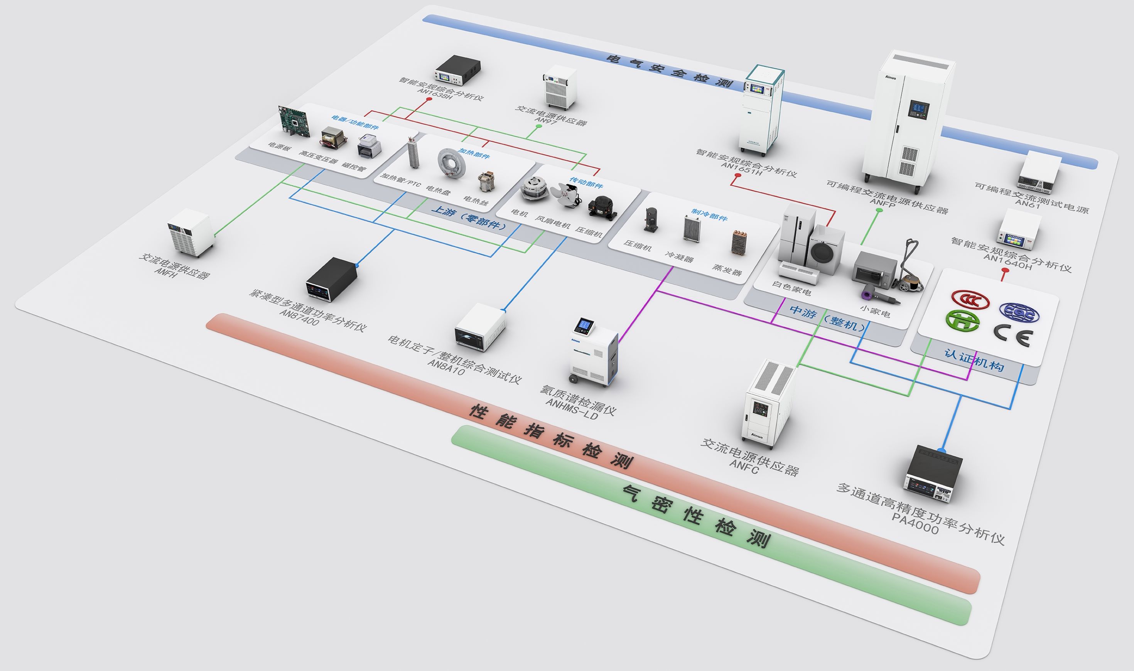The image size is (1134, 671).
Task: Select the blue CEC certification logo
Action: point(1019,312)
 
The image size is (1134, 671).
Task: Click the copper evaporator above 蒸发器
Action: point(739,242)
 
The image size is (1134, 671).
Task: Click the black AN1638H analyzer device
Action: point(457,70)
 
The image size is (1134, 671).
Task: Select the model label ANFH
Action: point(166,272)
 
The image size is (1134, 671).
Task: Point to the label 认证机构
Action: point(974,359)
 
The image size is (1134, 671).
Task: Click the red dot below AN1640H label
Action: point(1005,270)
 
